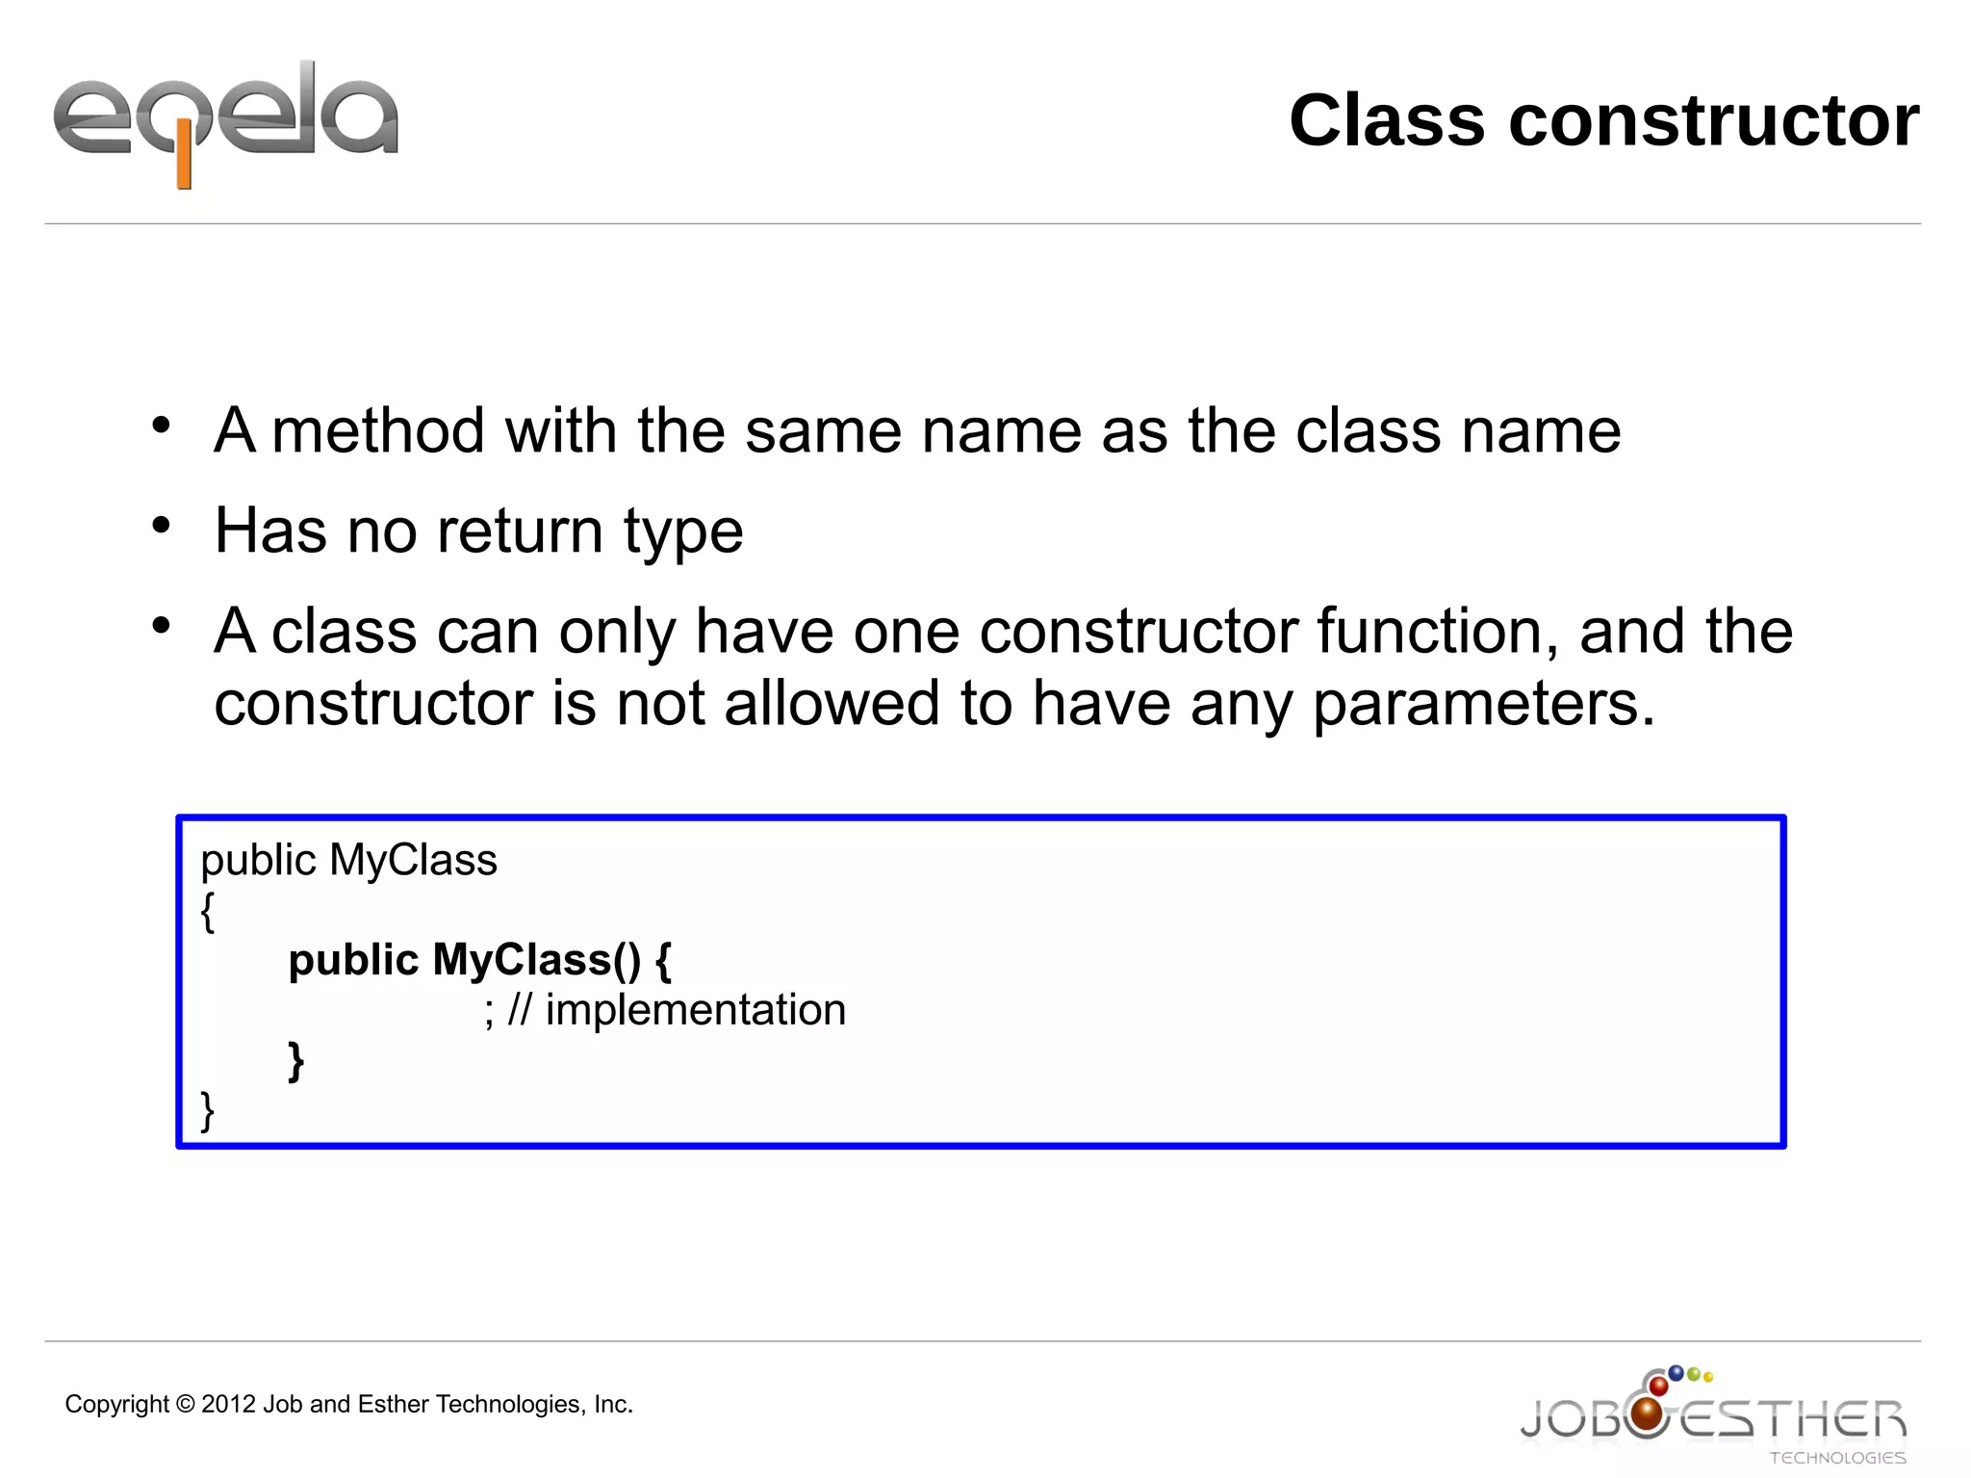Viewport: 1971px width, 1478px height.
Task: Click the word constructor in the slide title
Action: click(x=1713, y=121)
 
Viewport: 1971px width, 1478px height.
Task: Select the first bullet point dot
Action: click(x=161, y=425)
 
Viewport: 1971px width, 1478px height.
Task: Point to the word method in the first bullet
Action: click(x=378, y=430)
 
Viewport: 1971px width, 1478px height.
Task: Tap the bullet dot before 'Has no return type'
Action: click(x=161, y=526)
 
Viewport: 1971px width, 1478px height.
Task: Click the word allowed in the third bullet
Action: click(x=832, y=703)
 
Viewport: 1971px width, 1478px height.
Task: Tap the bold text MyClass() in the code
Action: click(x=536, y=960)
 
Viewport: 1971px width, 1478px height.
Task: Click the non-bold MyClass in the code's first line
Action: click(x=413, y=860)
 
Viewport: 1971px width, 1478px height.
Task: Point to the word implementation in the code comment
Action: click(x=695, y=1010)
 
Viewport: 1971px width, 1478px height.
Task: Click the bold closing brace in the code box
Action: click(x=296, y=1061)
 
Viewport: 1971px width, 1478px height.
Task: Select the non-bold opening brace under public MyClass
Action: click(x=207, y=911)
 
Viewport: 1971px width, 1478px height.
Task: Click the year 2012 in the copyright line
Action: click(x=228, y=1405)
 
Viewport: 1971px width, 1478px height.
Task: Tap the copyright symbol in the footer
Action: click(x=185, y=1405)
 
